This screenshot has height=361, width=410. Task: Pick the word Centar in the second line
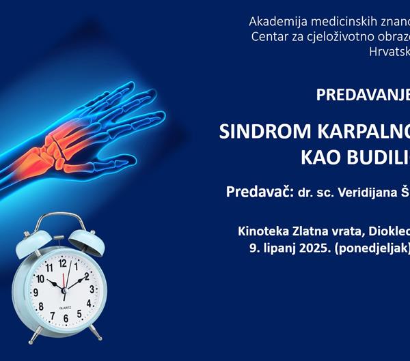[x=269, y=36]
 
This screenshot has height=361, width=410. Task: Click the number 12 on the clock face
[x=63, y=262]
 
